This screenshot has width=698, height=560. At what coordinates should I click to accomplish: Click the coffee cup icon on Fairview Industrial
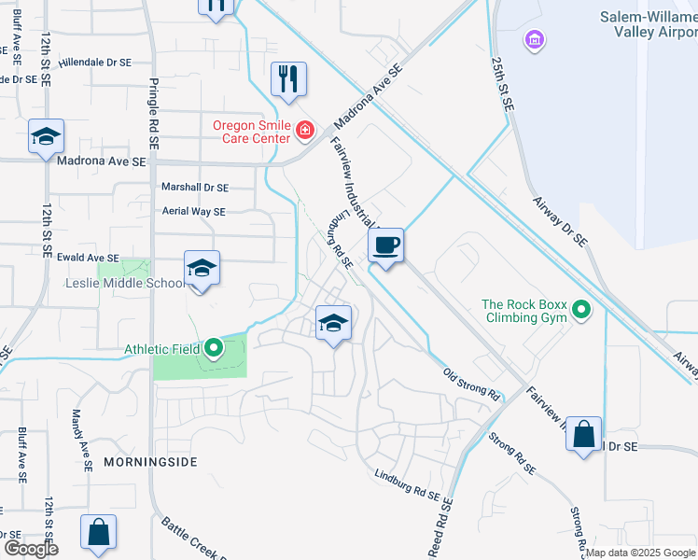point(385,246)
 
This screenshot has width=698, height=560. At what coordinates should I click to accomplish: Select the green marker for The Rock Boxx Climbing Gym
point(582,309)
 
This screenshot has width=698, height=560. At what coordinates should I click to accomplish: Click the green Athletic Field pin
point(214,350)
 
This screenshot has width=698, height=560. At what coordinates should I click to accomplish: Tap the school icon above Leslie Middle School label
point(202,269)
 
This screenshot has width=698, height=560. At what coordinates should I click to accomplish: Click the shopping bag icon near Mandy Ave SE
point(99,533)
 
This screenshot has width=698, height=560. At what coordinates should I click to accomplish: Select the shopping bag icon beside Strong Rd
point(583,434)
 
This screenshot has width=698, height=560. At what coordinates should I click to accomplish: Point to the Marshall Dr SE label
point(194,187)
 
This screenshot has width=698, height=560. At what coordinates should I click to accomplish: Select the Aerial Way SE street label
point(193,212)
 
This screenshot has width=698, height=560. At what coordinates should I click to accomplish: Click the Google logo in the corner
point(31,549)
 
